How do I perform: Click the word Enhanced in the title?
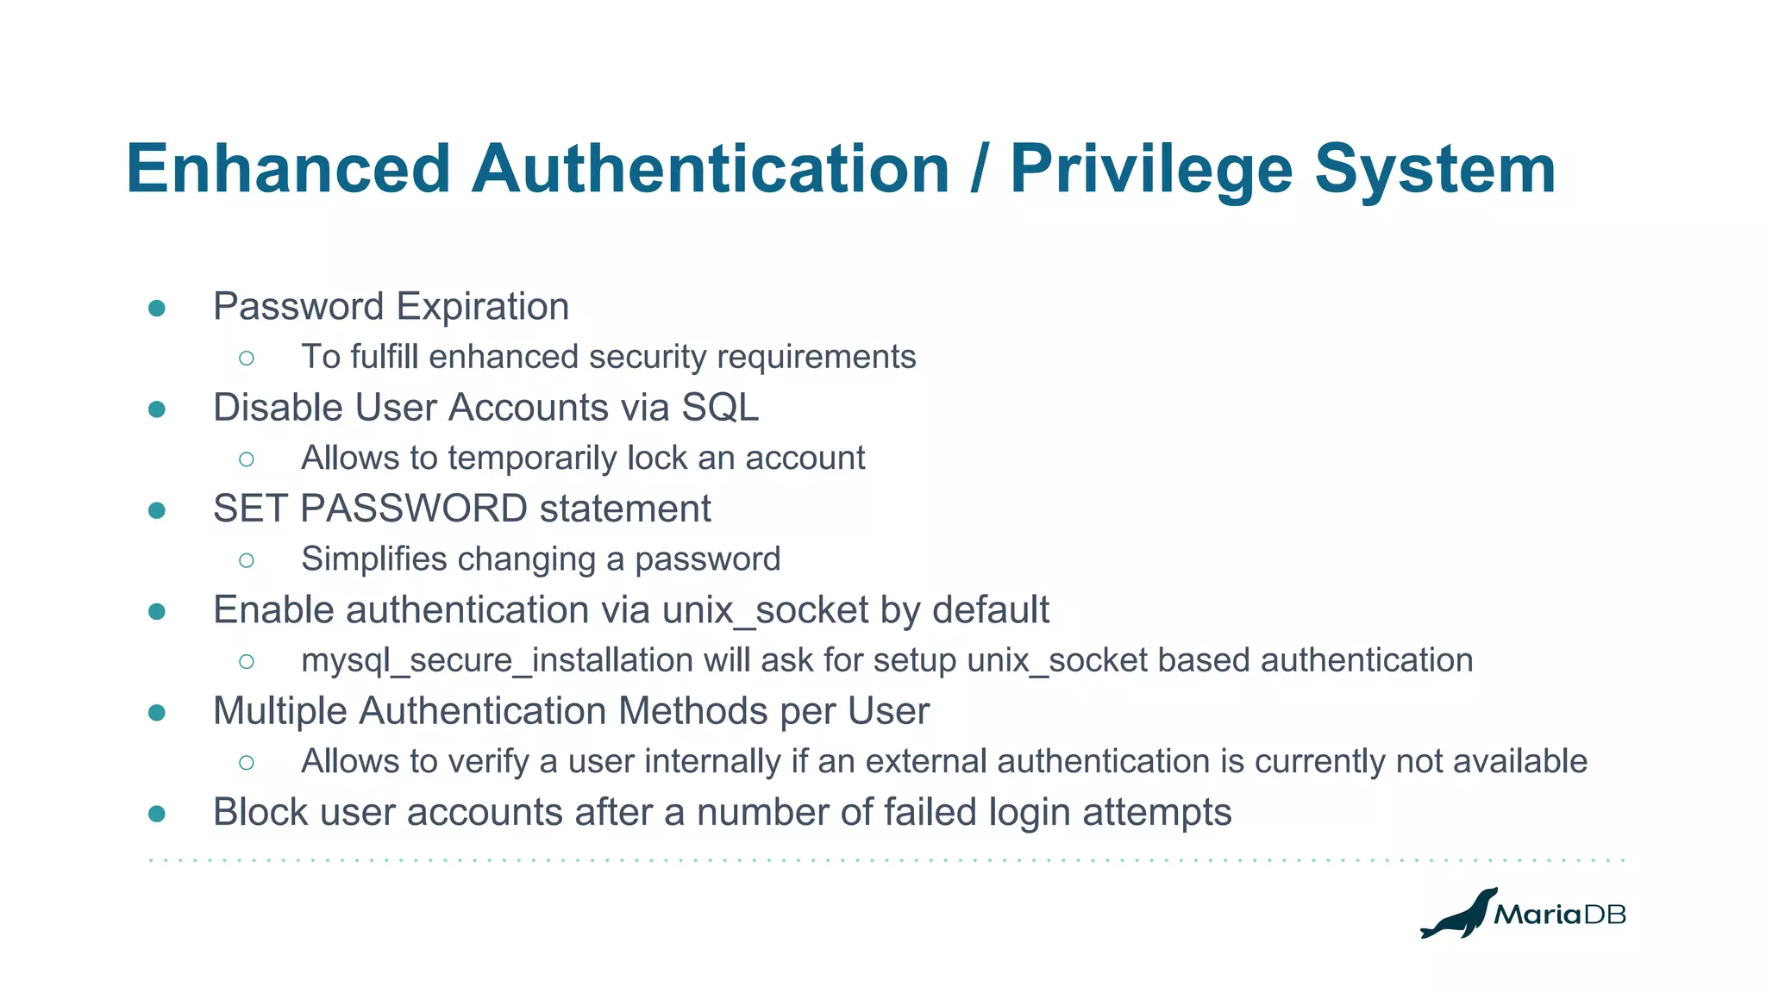(288, 169)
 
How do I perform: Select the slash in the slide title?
(979, 169)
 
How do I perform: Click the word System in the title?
(1435, 169)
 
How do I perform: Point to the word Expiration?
(482, 307)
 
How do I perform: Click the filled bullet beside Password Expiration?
(157, 309)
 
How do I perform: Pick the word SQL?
(720, 408)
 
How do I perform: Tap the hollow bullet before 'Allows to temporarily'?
(247, 459)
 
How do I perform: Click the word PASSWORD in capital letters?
(413, 509)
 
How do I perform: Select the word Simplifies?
(374, 559)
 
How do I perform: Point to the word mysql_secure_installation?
(497, 661)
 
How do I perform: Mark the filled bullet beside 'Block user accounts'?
(157, 814)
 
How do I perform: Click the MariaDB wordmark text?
(1559, 915)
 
